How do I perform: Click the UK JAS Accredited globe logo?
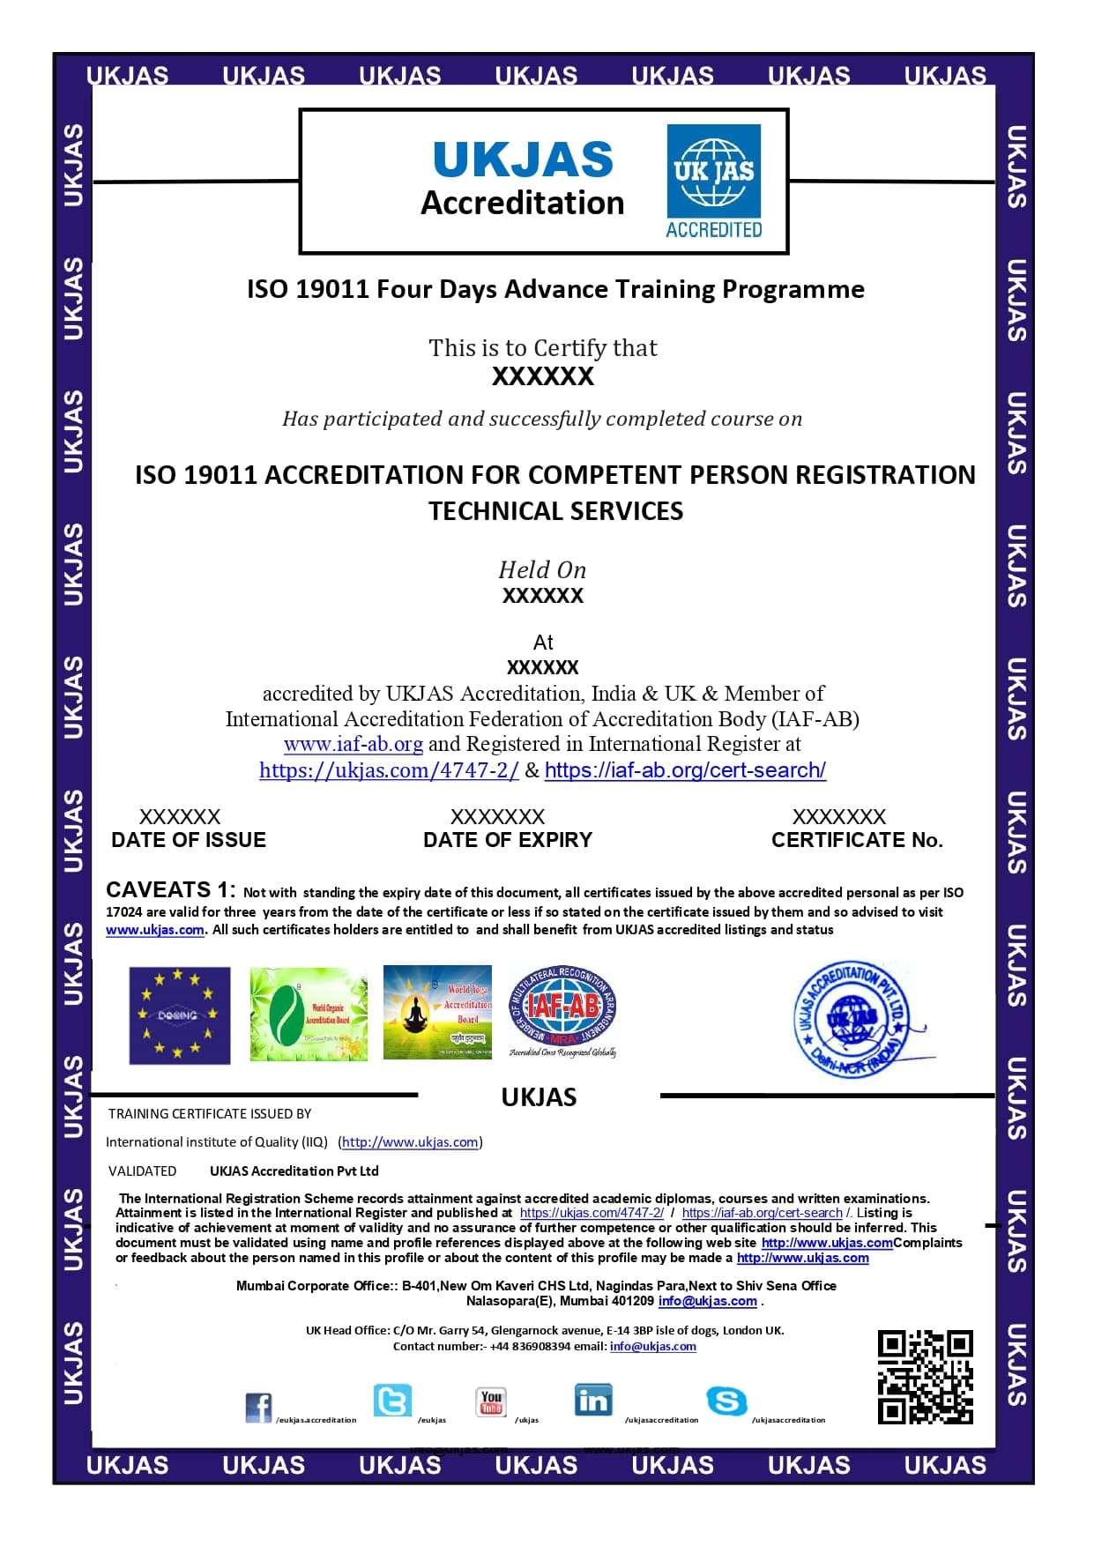(713, 181)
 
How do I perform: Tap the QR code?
(925, 1377)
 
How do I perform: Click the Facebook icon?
(258, 1408)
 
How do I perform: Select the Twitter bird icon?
(392, 1401)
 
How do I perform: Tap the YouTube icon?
(491, 1401)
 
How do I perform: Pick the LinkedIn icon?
(592, 1400)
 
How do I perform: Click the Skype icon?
(726, 1401)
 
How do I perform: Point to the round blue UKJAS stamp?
(852, 1019)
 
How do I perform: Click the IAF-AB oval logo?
(563, 1010)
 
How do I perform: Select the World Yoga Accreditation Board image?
(437, 1012)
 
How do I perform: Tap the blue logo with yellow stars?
(180, 1015)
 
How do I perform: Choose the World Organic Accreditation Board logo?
(309, 1014)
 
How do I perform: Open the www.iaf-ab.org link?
(354, 744)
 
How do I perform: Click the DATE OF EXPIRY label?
(508, 840)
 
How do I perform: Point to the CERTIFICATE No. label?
(857, 840)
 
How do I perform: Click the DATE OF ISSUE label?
(189, 840)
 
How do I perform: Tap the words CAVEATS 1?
(171, 889)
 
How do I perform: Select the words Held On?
(542, 569)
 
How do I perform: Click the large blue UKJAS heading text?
(523, 160)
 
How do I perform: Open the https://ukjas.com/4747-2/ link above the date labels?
(389, 770)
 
